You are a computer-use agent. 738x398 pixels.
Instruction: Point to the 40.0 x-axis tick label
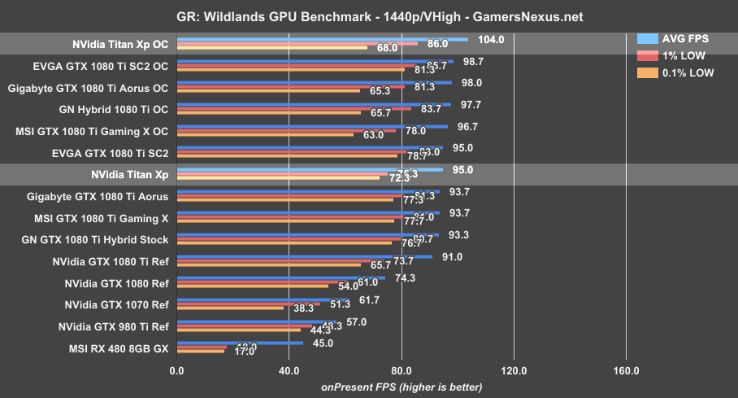[289, 371]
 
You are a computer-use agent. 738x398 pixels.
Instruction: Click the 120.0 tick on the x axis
[513, 371]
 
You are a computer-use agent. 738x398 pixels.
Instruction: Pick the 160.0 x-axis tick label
[625, 371]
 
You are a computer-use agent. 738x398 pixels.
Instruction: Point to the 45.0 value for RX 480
[323, 343]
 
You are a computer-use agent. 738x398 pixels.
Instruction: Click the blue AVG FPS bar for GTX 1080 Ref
[280, 278]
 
